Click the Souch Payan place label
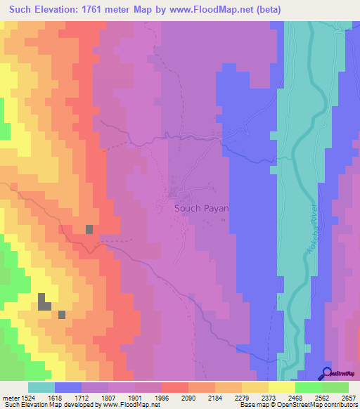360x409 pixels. [x=202, y=208]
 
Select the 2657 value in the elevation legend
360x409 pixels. [x=349, y=397]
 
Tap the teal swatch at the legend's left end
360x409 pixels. [x=41, y=387]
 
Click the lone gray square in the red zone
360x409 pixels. [x=89, y=229]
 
